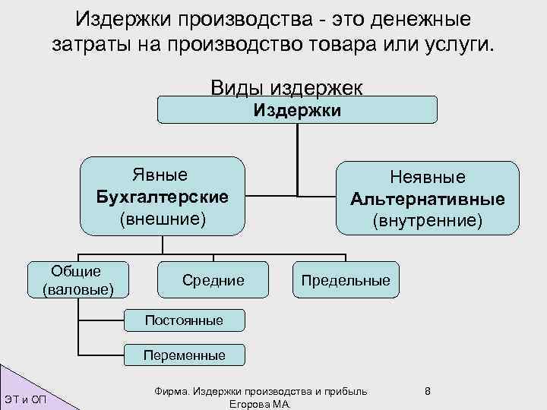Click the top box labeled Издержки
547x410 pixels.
click(x=297, y=110)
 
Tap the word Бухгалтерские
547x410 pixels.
click(x=163, y=197)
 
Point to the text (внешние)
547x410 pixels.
click(x=163, y=219)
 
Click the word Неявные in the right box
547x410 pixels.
click(x=428, y=178)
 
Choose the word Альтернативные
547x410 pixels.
click(x=428, y=199)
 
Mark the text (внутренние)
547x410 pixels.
click(x=428, y=221)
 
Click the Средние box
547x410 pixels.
click(x=213, y=281)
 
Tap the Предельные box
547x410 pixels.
click(x=346, y=281)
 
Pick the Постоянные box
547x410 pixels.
click(x=185, y=320)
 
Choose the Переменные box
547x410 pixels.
click(x=185, y=355)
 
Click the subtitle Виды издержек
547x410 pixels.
click(x=286, y=87)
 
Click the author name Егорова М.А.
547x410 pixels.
click(x=258, y=405)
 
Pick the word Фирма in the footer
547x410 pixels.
click(x=171, y=391)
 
